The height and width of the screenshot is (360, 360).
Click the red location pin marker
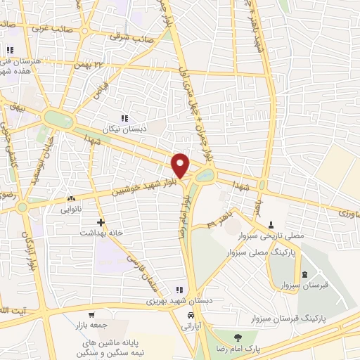tap(181, 165)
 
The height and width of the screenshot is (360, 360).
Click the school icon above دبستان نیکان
tap(124, 118)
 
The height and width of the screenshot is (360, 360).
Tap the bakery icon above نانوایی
tap(71, 198)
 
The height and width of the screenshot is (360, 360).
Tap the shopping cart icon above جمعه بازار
tap(91, 315)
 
